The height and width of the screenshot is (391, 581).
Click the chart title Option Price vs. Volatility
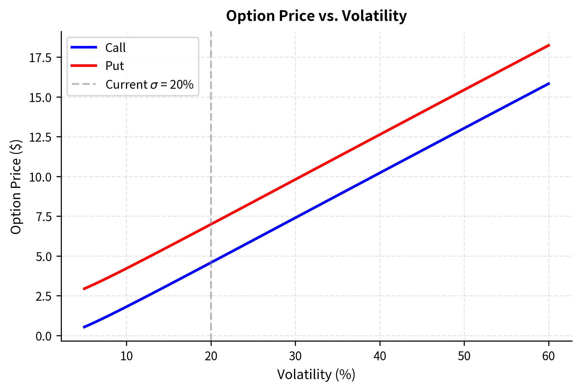(316, 16)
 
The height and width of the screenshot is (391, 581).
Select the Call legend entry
(115, 48)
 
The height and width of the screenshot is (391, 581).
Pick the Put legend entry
(114, 66)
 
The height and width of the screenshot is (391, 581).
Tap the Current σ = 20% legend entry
(149, 85)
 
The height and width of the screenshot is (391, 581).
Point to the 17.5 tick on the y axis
(40, 58)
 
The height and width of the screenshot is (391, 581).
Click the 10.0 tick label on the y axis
(40, 177)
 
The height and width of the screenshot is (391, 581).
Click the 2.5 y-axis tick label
(43, 296)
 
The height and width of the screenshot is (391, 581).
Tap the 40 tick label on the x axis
(380, 356)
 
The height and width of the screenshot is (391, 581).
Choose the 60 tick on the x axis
(548, 356)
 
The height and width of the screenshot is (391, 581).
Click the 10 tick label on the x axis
(126, 356)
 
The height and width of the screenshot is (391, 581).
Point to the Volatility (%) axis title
(316, 375)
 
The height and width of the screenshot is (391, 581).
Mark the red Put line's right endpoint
(549, 45)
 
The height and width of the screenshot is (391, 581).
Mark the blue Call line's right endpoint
(549, 83)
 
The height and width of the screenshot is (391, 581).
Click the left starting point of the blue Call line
(84, 327)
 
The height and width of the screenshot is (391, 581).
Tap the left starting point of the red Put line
(84, 289)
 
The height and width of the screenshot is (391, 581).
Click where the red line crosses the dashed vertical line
(211, 224)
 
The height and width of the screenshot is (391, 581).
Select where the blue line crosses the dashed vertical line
(211, 262)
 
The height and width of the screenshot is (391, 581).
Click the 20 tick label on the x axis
(211, 356)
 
